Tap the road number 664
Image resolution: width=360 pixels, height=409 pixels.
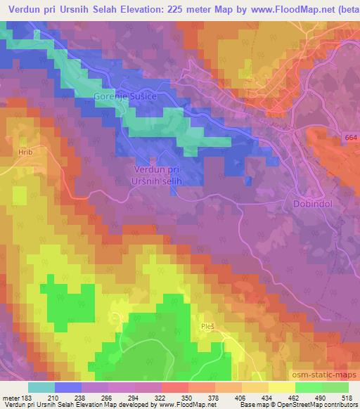pos(351,138)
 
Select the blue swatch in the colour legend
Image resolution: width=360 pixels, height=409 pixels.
pos(68,387)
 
